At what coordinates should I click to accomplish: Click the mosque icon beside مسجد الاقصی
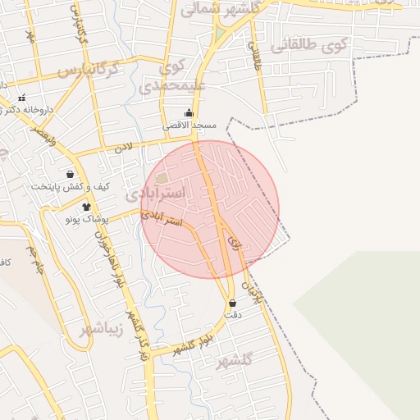click(189, 112)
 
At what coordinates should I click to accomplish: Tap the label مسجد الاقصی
click(189, 126)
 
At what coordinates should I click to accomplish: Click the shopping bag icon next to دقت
click(232, 303)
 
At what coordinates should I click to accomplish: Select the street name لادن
click(123, 148)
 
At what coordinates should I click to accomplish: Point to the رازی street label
click(235, 243)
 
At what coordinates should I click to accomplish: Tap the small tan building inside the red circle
click(162, 178)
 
